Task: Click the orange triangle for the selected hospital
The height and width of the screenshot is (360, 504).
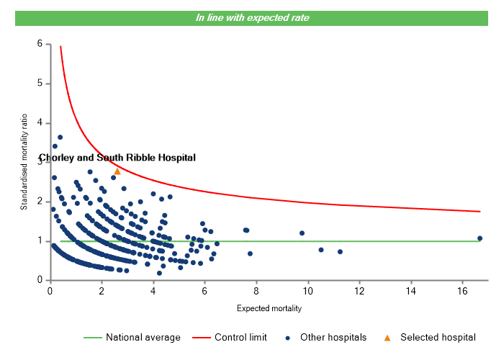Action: (117, 171)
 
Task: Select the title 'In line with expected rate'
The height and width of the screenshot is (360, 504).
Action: (252, 18)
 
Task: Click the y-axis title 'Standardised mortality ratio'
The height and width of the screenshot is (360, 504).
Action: (24, 161)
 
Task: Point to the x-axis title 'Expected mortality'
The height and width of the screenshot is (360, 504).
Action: (269, 309)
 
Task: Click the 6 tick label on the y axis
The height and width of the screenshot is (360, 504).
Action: (39, 44)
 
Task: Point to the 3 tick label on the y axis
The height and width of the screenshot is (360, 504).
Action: (39, 162)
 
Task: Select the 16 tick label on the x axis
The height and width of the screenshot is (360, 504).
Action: (462, 291)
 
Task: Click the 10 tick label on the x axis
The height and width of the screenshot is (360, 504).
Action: (307, 291)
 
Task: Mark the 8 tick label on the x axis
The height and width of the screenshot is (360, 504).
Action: (256, 291)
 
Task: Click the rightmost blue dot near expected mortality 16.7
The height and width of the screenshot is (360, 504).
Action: (480, 238)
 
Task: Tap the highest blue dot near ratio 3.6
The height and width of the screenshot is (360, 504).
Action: (60, 137)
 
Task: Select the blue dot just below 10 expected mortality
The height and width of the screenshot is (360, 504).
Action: (302, 233)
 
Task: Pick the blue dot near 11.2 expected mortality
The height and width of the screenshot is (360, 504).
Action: (340, 252)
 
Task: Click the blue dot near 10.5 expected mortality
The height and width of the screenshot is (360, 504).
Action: (321, 250)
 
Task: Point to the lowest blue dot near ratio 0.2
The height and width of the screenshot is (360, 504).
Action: (159, 273)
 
